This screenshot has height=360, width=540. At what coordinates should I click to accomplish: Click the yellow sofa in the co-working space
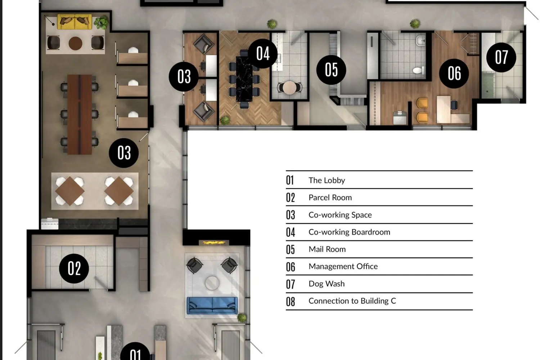[75, 22]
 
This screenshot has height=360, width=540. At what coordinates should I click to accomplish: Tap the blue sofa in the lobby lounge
[212, 306]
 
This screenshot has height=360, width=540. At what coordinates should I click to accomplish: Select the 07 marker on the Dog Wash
[501, 57]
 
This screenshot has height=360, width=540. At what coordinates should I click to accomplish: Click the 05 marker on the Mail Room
[331, 70]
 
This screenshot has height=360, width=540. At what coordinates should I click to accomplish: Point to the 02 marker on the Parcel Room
[74, 268]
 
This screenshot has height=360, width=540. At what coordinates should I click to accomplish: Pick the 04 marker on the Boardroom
[263, 54]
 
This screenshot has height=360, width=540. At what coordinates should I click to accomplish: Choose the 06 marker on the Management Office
[454, 73]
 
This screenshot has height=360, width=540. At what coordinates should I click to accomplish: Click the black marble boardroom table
[244, 79]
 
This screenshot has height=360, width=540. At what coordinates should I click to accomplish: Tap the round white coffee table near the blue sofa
[212, 283]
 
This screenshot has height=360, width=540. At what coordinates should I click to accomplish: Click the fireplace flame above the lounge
[213, 243]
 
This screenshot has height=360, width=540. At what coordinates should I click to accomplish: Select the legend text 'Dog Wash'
[327, 284]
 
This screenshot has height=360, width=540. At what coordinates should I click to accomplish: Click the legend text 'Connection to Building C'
[352, 301]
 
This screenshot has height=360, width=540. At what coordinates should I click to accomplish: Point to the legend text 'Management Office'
[343, 266]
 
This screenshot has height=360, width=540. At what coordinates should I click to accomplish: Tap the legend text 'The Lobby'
[327, 180]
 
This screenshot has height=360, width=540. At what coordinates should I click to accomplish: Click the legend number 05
[291, 249]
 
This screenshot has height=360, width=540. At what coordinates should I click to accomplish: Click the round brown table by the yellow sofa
[76, 44]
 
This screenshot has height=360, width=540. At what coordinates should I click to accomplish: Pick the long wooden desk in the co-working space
[80, 114]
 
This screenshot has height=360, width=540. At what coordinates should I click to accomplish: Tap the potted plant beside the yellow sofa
[101, 22]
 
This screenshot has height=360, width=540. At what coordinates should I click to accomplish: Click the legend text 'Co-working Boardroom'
[349, 232]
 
